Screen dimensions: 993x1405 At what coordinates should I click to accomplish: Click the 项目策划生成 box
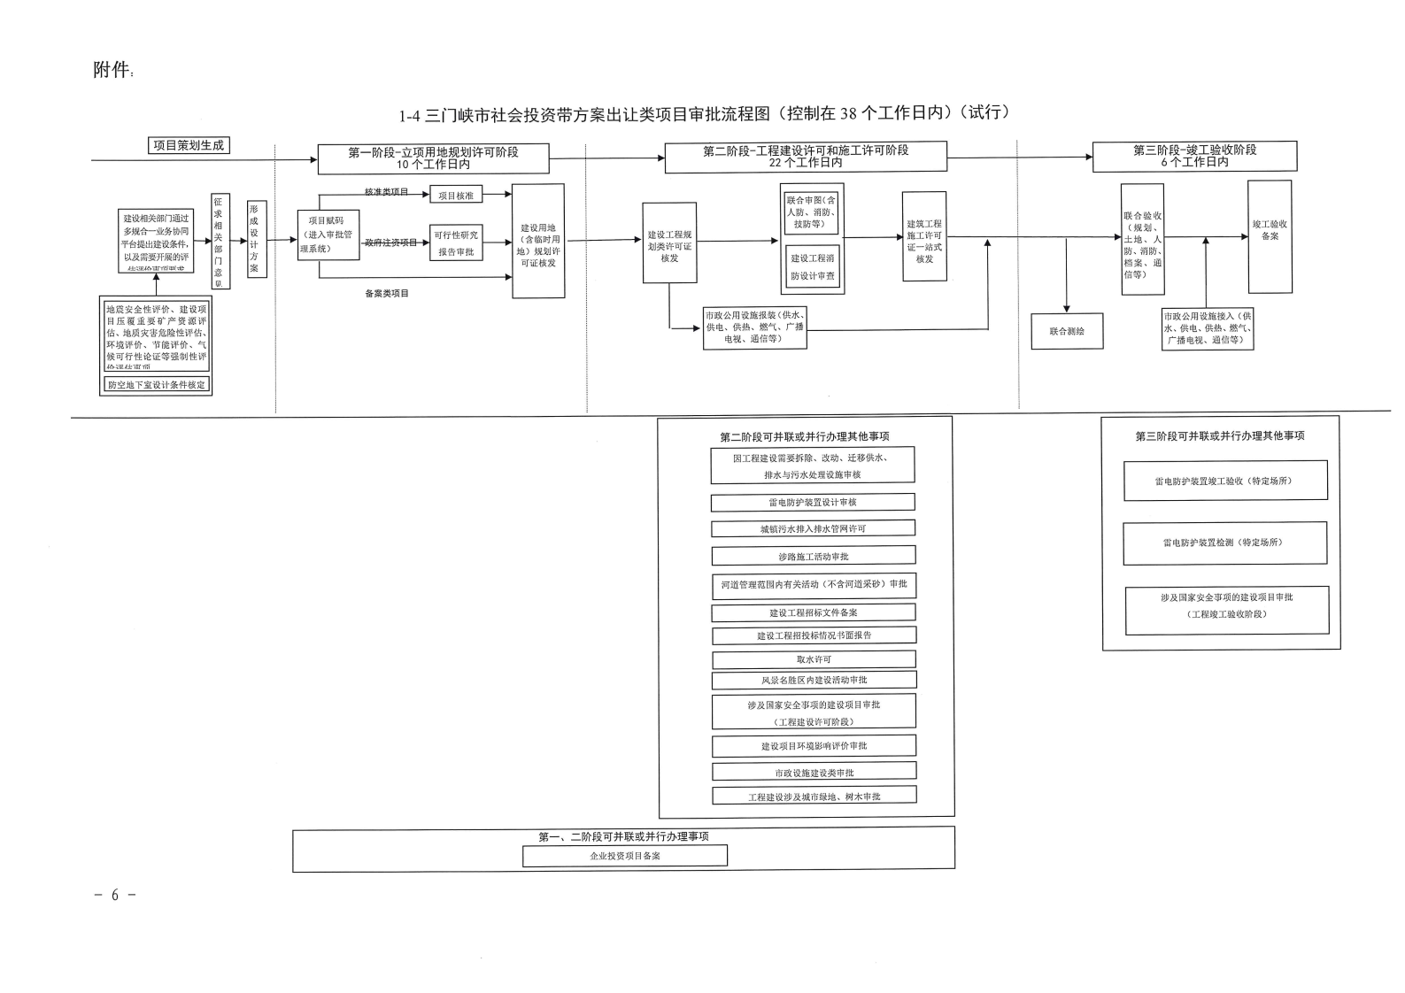(x=189, y=145)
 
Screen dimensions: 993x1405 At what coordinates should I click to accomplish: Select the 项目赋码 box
(x=328, y=235)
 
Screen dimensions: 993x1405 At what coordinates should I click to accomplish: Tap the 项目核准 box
(x=456, y=196)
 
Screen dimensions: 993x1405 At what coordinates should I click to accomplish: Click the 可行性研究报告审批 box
(x=456, y=242)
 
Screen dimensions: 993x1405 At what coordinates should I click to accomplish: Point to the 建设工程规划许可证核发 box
(x=669, y=243)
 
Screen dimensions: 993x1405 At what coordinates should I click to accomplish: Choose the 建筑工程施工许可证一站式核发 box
(x=924, y=237)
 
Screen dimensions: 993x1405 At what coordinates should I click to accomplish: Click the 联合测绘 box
(x=1067, y=331)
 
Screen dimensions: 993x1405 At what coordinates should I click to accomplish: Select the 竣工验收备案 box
(x=1270, y=236)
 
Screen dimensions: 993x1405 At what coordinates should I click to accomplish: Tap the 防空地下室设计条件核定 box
(x=157, y=385)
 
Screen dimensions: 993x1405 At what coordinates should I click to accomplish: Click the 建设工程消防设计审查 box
(x=813, y=267)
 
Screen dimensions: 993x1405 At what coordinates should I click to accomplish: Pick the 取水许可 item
(x=814, y=659)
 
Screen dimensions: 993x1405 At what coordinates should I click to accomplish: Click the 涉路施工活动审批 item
(x=814, y=556)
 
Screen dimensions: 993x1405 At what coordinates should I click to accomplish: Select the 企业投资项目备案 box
(x=625, y=856)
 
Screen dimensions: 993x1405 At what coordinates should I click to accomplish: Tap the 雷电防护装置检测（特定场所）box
(x=1225, y=543)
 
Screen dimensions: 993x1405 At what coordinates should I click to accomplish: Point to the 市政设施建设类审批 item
(x=814, y=772)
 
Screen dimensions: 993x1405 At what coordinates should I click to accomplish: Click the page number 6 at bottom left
(x=114, y=895)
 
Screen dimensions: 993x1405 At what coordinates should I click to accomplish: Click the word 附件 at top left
(x=112, y=70)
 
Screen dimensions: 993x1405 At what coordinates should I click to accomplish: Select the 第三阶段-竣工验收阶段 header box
(x=1194, y=156)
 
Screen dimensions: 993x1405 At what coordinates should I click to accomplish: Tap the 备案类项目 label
(x=387, y=293)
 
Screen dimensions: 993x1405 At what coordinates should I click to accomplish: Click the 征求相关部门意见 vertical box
(x=220, y=242)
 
